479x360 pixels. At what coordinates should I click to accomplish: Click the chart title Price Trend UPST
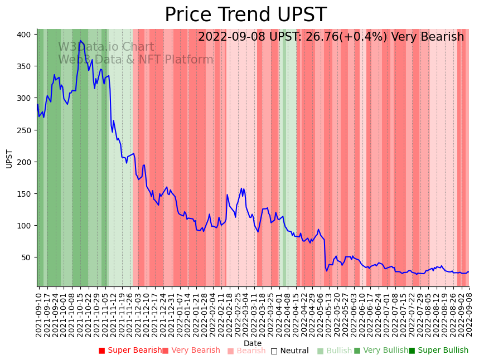(x=245, y=14)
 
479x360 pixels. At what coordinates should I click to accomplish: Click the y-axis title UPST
(x=9, y=158)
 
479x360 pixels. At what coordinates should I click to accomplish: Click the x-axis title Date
(x=253, y=344)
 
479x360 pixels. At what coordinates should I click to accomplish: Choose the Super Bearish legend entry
(x=130, y=351)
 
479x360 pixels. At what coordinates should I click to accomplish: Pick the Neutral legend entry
(x=289, y=351)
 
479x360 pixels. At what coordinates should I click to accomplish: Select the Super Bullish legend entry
(x=438, y=351)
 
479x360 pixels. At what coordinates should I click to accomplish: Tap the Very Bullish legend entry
(x=381, y=351)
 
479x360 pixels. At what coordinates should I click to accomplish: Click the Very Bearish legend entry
(x=191, y=351)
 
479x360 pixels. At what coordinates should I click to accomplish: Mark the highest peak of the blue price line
(x=80, y=41)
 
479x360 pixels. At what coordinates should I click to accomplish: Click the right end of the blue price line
(x=468, y=272)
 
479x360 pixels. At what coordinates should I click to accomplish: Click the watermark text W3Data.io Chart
(x=106, y=47)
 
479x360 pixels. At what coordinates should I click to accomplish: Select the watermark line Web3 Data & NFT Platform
(x=136, y=60)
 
